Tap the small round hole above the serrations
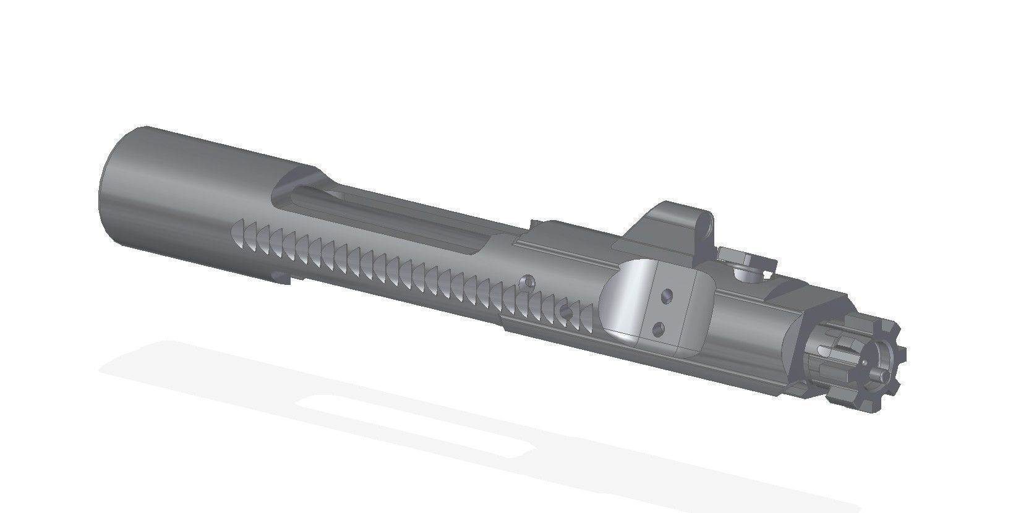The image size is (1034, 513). coord(528,281)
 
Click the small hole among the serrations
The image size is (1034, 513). coord(564,310)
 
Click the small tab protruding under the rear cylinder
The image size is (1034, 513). coord(281,276)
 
